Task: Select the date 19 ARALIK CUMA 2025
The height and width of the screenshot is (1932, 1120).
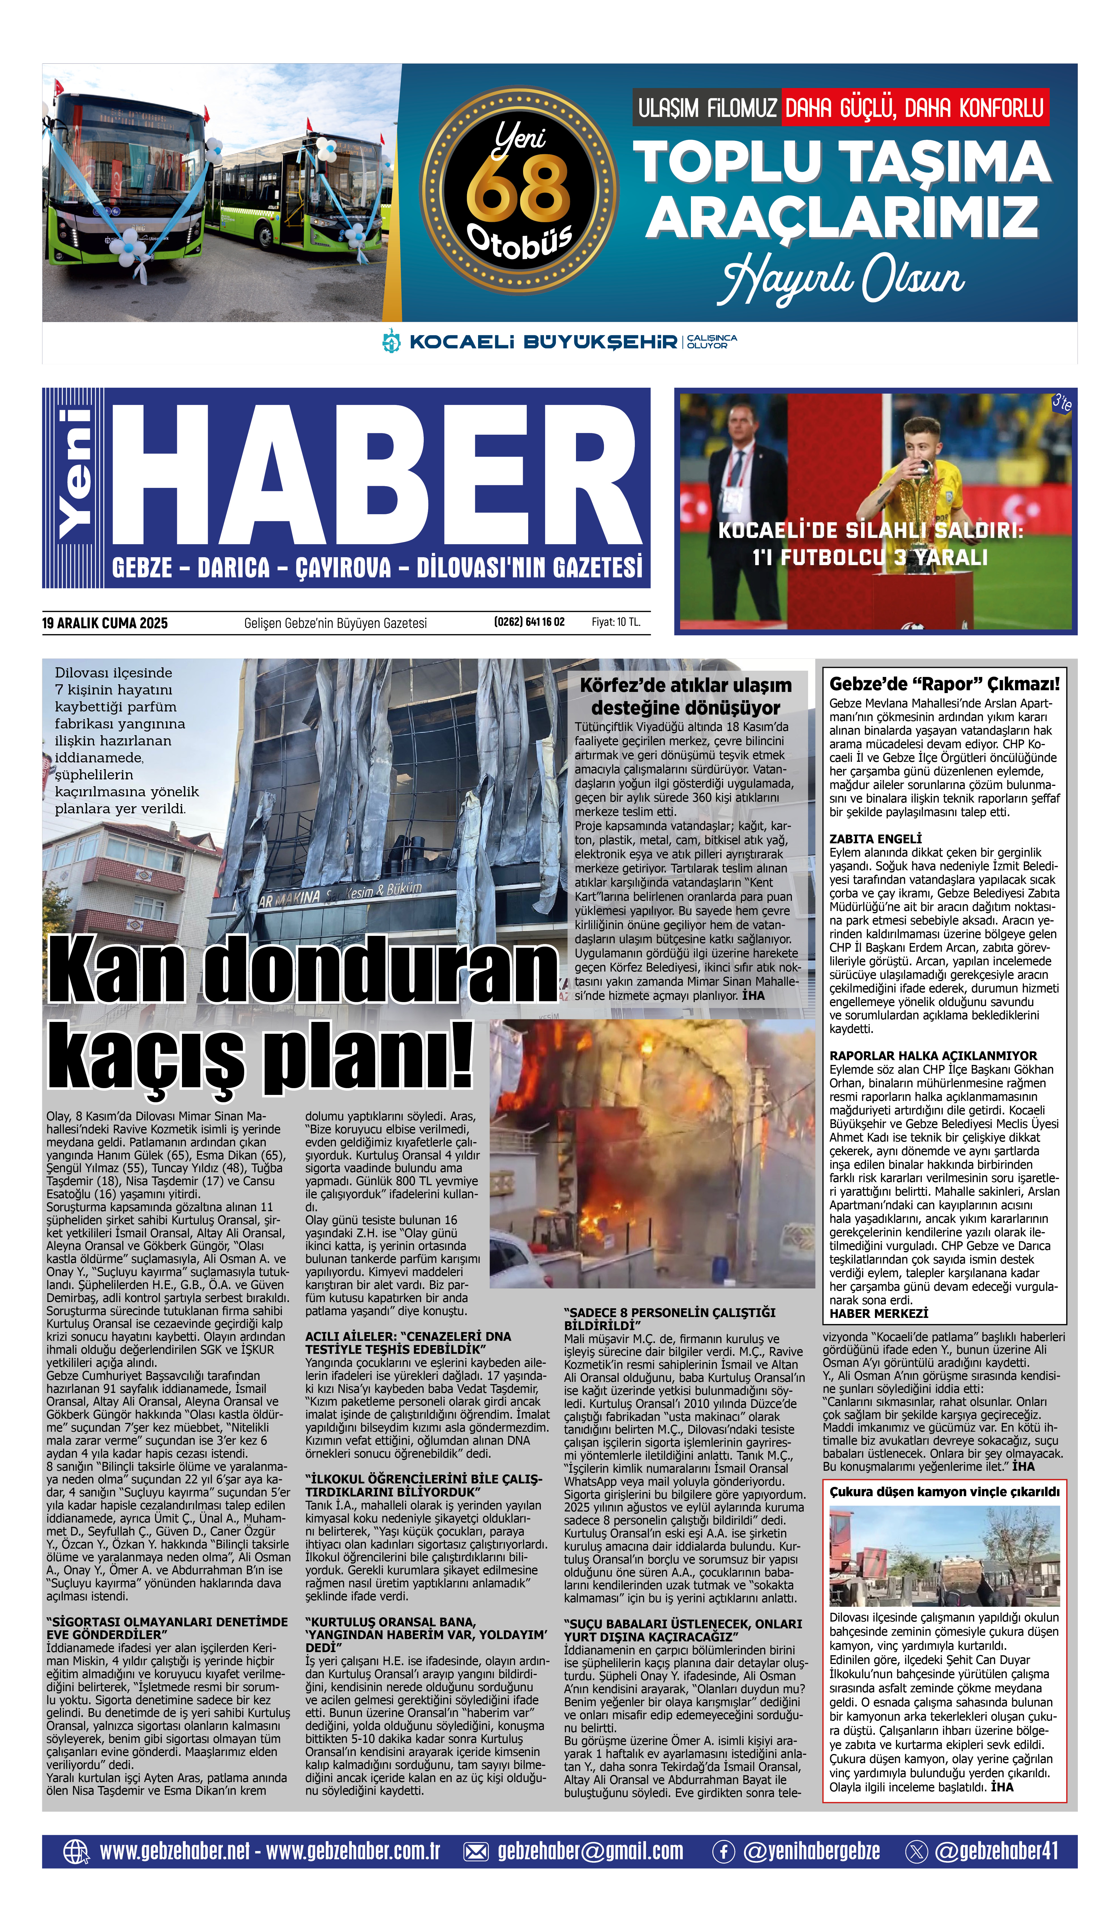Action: pos(105,623)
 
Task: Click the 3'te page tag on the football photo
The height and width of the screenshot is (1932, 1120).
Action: pos(1061,402)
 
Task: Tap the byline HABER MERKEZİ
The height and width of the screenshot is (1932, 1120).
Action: pos(879,1313)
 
